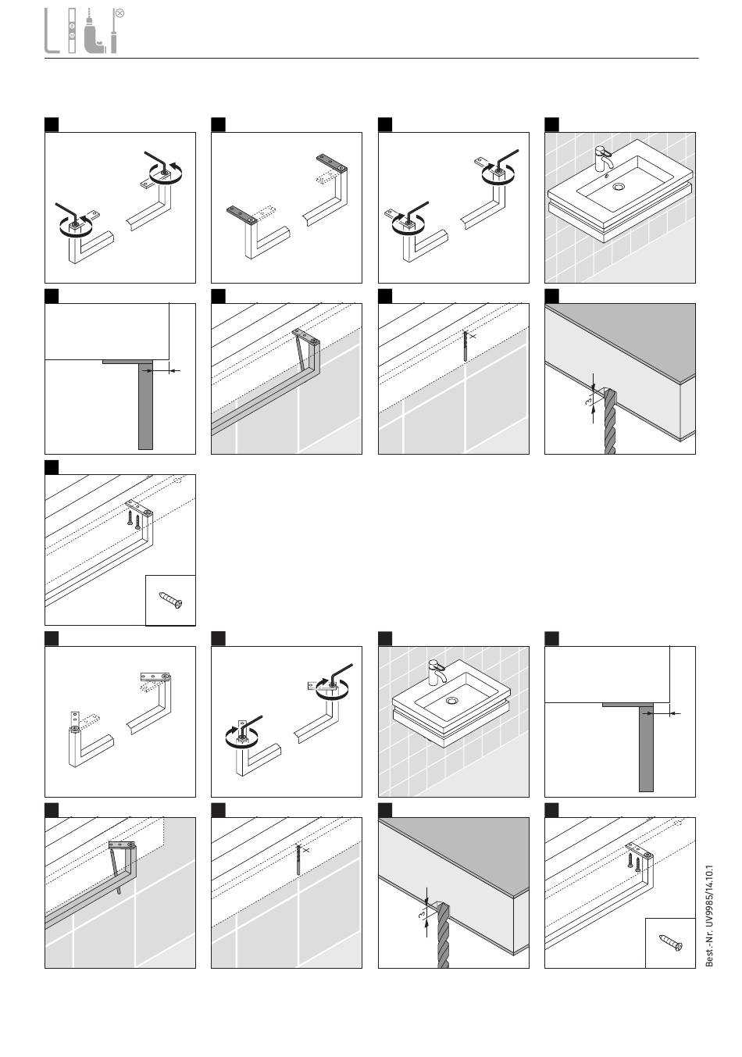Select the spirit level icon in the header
tap(72, 31)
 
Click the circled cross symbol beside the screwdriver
tap(120, 13)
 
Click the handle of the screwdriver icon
tap(114, 43)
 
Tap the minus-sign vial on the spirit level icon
tap(72, 27)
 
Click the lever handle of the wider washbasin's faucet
tap(600, 148)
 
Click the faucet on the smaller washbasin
tap(436, 673)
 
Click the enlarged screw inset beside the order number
tap(670, 942)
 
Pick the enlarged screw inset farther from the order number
tap(170, 600)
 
